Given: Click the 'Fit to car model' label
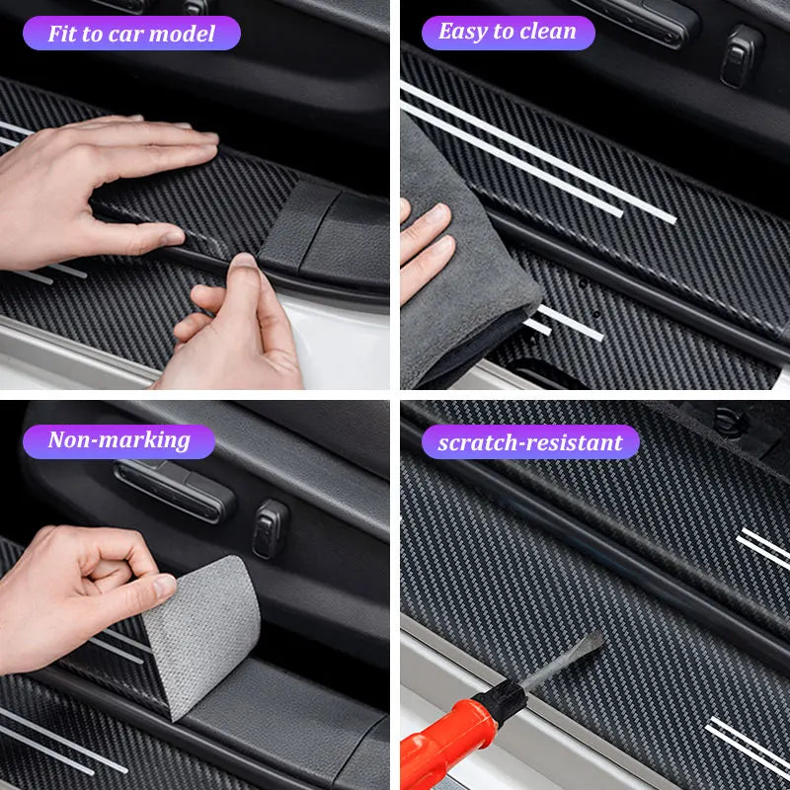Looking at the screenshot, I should click(131, 34).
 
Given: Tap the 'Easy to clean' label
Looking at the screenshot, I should click(508, 32).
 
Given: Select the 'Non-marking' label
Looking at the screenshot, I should click(118, 440).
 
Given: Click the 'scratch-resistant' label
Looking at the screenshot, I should click(530, 441).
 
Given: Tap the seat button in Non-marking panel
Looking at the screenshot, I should click(270, 527).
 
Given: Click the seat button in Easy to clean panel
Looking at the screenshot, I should click(741, 55).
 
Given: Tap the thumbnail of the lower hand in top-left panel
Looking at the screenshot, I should click(242, 270).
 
